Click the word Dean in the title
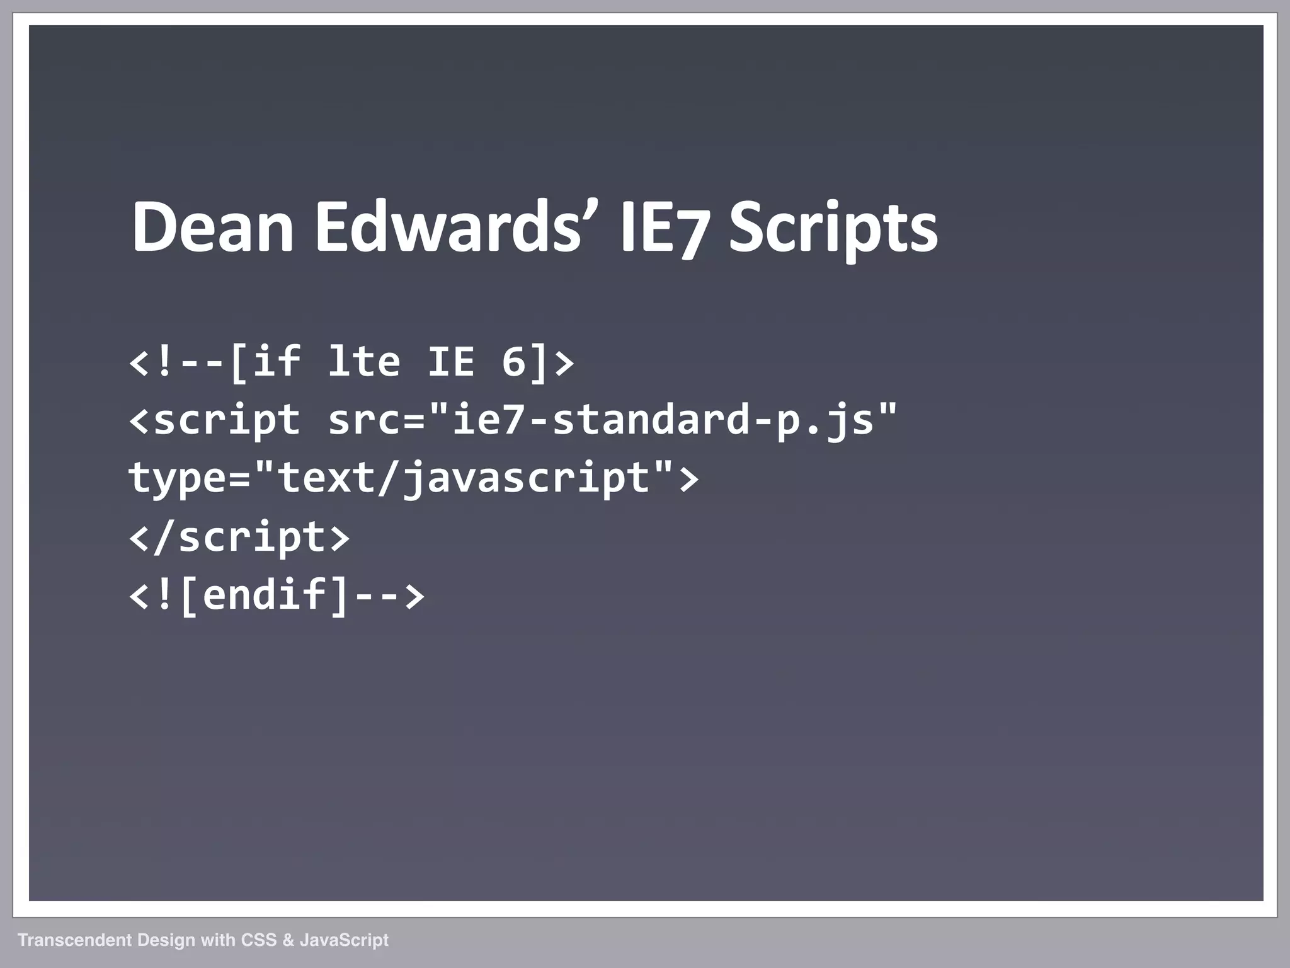(x=212, y=228)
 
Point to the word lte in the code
(x=364, y=362)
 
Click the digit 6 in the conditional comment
(x=514, y=362)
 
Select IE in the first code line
(x=451, y=362)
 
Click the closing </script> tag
(x=239, y=537)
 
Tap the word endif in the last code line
(x=265, y=595)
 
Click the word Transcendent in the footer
(x=74, y=940)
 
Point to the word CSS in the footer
(x=259, y=940)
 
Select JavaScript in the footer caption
(x=344, y=940)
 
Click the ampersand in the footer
(x=288, y=940)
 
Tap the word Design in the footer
(x=166, y=940)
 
